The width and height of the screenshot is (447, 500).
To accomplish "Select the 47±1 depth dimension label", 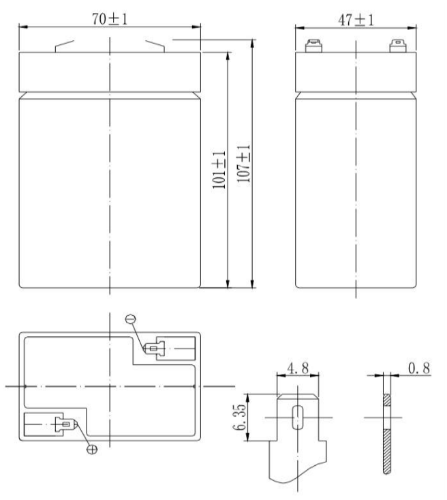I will pyautogui.click(x=355, y=19).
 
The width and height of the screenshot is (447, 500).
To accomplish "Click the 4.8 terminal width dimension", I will pyautogui.click(x=296, y=370).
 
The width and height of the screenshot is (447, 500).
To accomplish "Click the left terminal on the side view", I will pyautogui.click(x=314, y=46).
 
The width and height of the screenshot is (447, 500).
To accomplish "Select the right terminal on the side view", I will pyautogui.click(x=395, y=46).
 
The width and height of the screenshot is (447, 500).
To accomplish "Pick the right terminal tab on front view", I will pyautogui.click(x=153, y=46).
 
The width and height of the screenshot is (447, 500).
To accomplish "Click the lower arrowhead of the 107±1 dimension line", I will pyautogui.click(x=252, y=284).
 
